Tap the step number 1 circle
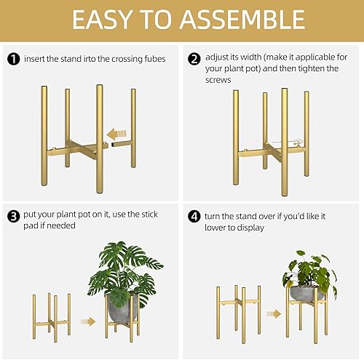pos(12,58)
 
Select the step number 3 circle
pos(12,216)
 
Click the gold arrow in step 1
pos(116,134)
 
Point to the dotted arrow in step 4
pos(274,314)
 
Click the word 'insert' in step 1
pos(35,58)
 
